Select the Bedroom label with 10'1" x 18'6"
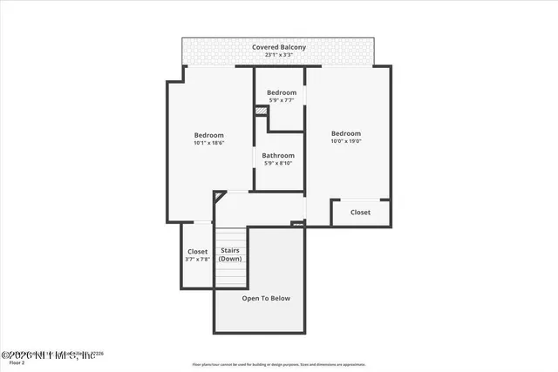coord(208,135)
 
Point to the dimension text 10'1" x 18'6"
coord(208,143)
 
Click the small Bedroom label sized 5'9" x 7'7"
coord(282,92)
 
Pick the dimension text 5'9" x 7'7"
coord(282,100)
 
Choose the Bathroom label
coord(279,155)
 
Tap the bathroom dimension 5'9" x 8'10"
coord(279,163)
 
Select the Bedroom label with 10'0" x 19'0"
coord(346,133)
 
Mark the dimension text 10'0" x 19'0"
coord(346,141)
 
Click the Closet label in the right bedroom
coord(360,212)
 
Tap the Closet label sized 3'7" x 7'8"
coord(197,252)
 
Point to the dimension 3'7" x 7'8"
coord(197,260)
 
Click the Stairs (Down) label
coord(230,254)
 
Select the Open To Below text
coord(266,298)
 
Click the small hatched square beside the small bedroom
coord(260,110)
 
